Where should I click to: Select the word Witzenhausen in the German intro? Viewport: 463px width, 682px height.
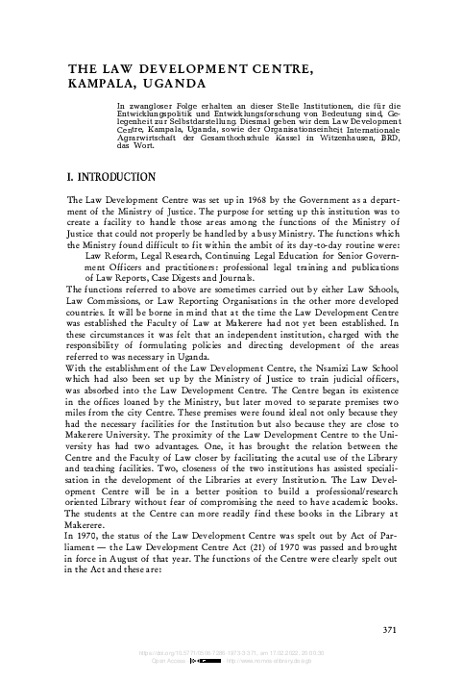[x=328, y=138]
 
